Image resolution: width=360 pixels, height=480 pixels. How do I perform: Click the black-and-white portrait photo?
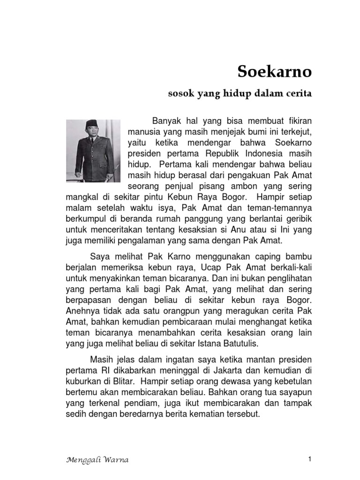coord(94,150)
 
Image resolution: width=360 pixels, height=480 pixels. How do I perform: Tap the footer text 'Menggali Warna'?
coord(97,459)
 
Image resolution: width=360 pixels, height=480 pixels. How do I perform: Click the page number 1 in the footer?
coord(310,459)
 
